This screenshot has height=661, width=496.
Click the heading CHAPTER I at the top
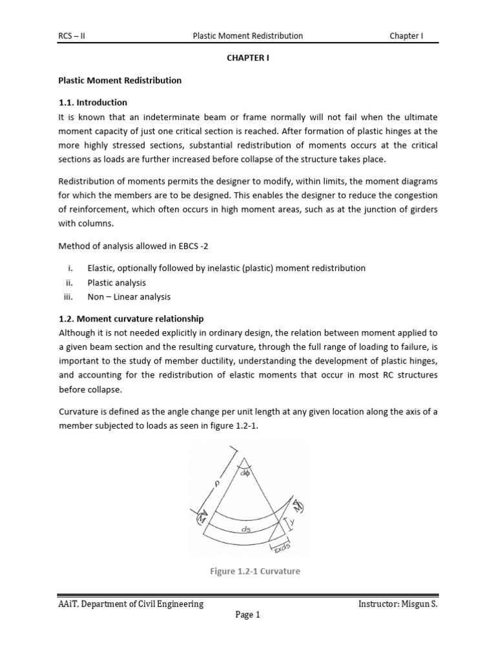tap(247, 58)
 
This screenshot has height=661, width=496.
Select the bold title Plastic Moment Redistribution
tap(120, 81)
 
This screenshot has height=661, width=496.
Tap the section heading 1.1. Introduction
tap(93, 103)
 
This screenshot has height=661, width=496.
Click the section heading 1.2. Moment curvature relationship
tap(131, 319)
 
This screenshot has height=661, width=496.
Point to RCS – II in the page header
tap(72, 36)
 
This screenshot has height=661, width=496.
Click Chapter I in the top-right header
tap(406, 36)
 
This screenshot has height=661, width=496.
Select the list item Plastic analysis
tap(116, 282)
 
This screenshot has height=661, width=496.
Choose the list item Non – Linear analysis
tap(129, 297)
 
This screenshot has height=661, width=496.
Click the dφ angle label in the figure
tap(245, 473)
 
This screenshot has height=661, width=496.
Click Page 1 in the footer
tap(247, 615)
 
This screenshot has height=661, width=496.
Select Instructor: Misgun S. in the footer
tap(398, 604)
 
